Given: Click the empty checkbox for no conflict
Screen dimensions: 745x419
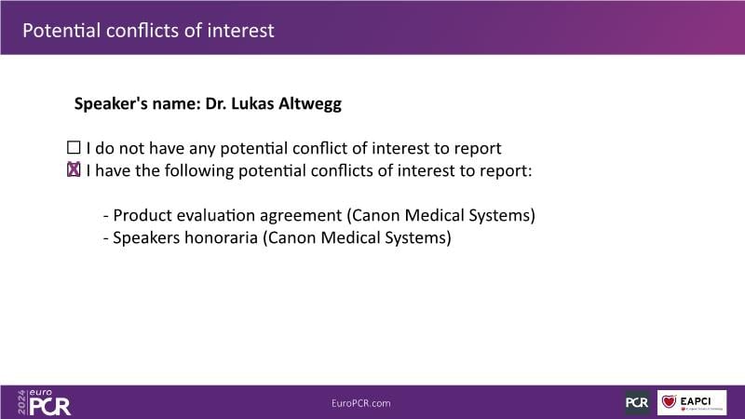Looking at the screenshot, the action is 74,148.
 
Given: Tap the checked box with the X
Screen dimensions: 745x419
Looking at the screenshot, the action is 74,169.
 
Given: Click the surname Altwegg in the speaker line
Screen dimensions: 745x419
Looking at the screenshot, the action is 310,104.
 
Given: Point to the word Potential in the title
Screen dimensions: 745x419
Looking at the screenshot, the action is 61,31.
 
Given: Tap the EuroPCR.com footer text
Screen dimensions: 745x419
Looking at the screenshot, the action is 361,403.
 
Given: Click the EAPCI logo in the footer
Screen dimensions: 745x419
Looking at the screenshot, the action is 692,402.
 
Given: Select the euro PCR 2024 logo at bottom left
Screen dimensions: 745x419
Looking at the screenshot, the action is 44,402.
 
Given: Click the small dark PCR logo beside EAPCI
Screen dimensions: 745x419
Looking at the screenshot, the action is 637,402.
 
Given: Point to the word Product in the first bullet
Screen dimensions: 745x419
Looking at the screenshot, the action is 142,215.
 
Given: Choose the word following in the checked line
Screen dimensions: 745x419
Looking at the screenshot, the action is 199,171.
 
